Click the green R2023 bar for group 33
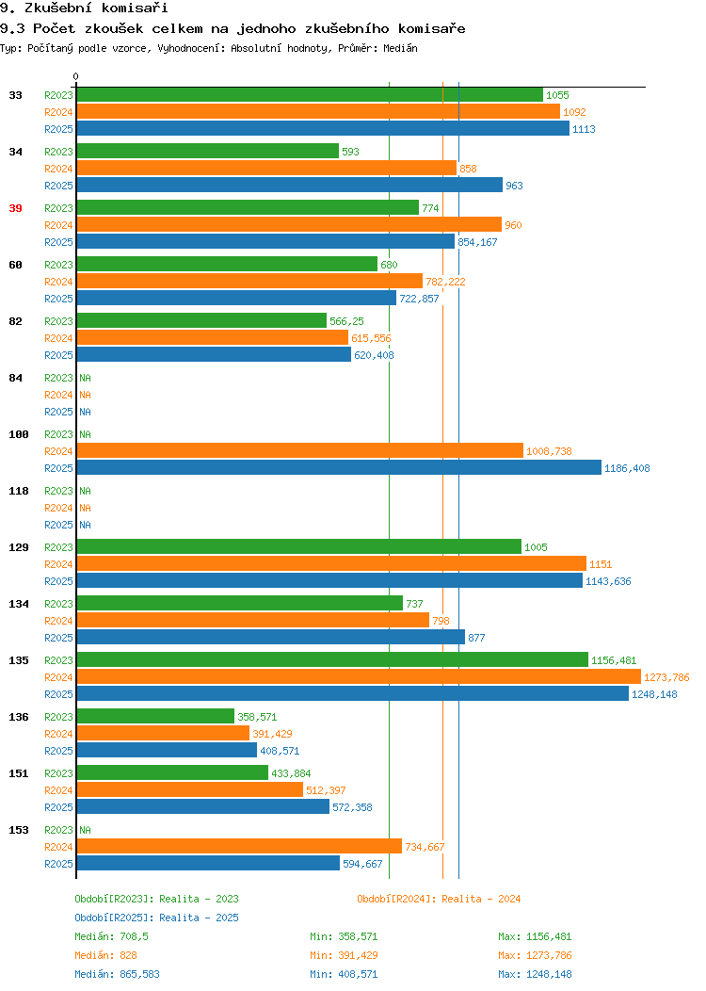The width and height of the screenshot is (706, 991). [x=310, y=95]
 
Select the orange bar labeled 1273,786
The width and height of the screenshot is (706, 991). [x=359, y=677]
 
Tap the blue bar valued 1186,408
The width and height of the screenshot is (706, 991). [x=339, y=467]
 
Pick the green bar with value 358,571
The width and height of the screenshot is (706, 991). [x=155, y=716]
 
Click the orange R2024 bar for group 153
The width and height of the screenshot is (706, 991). [x=239, y=846]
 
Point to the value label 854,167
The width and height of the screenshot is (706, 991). [x=477, y=242]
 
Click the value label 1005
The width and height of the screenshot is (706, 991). [x=536, y=547]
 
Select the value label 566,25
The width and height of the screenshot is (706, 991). [x=346, y=321]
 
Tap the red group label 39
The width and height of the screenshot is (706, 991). [x=16, y=208]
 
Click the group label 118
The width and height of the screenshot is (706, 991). [x=19, y=491]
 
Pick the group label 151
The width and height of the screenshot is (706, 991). [x=19, y=773]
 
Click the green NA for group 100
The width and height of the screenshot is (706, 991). [x=86, y=434]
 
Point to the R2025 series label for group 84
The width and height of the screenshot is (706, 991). [x=58, y=412]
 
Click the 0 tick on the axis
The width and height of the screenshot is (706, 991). [x=76, y=76]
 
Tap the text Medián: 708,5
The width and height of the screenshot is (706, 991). [x=112, y=936]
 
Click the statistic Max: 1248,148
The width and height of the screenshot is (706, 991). [x=535, y=974]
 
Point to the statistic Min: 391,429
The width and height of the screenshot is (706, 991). [x=344, y=955]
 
